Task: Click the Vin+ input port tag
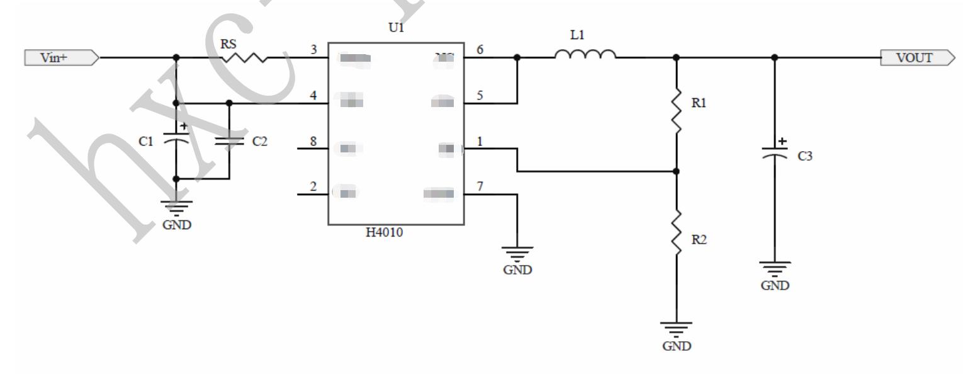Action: tap(60, 59)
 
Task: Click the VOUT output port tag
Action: tap(919, 59)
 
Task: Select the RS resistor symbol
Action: tap(244, 58)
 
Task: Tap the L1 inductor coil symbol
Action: tap(585, 55)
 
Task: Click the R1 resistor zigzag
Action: tap(677, 111)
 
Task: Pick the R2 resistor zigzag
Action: tap(677, 234)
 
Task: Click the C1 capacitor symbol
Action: tap(176, 141)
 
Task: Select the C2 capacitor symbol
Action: tap(229, 141)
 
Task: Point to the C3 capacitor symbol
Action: tap(775, 152)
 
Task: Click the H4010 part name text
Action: tap(385, 233)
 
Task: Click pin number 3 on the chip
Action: tap(314, 50)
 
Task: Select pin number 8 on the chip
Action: tap(314, 140)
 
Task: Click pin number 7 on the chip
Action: tap(480, 186)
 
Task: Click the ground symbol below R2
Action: tap(677, 329)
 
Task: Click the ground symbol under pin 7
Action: tap(517, 254)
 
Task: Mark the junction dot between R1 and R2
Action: tap(677, 171)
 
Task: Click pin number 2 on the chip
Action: tap(314, 186)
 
